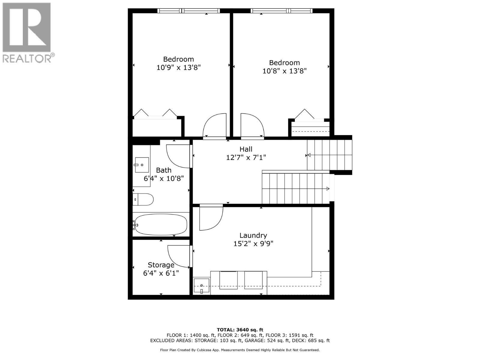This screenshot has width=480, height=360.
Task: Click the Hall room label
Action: (x=246, y=149)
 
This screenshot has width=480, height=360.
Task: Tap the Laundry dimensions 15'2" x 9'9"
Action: (x=253, y=244)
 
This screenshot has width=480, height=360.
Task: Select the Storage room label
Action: (x=161, y=265)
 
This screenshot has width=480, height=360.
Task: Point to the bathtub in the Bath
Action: (x=161, y=225)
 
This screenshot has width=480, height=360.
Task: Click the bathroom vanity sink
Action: (x=142, y=165)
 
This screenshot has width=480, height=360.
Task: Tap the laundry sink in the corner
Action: (x=201, y=286)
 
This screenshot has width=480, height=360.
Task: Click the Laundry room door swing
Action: (x=211, y=218)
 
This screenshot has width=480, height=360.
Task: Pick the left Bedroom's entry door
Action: (x=214, y=126)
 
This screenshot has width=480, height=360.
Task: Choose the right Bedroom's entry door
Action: (x=252, y=126)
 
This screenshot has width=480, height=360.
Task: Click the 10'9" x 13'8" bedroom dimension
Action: (x=178, y=67)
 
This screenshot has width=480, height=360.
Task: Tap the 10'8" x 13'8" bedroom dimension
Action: (x=284, y=71)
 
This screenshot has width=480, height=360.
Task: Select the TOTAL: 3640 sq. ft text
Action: (x=240, y=330)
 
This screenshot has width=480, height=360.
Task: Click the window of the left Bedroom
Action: (x=188, y=11)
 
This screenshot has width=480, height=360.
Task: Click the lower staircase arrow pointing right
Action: (x=328, y=189)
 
